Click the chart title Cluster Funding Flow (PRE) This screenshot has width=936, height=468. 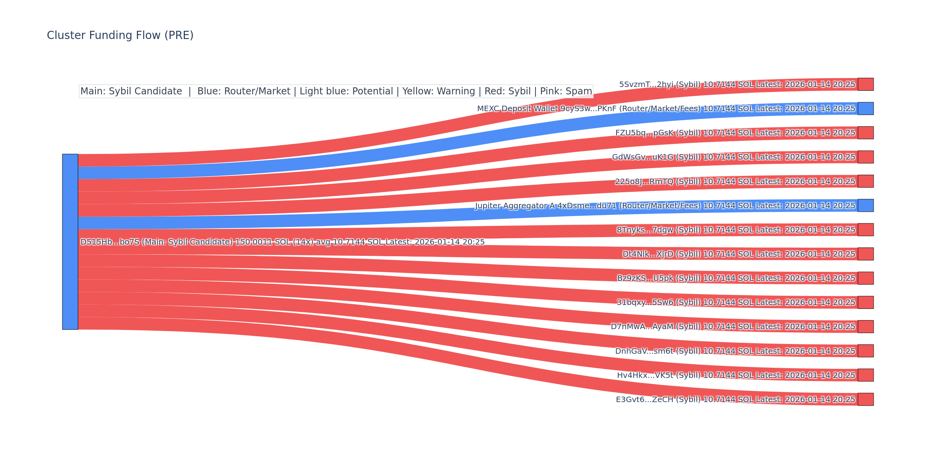pos(120,35)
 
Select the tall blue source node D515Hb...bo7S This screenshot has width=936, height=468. pos(70,242)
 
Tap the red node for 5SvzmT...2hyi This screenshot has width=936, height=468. pos(865,84)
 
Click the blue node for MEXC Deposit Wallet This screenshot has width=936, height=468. pos(865,108)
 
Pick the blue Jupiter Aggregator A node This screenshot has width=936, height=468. pos(865,206)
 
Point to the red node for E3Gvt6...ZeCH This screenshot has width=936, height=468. pos(865,399)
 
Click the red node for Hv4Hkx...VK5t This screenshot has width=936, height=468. pos(865,375)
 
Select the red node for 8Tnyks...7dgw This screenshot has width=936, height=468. pos(865,230)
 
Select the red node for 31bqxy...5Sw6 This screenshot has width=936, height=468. pos(865,302)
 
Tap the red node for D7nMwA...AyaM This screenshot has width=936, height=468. pos(865,326)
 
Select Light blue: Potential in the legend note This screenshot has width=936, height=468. pos(346,92)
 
